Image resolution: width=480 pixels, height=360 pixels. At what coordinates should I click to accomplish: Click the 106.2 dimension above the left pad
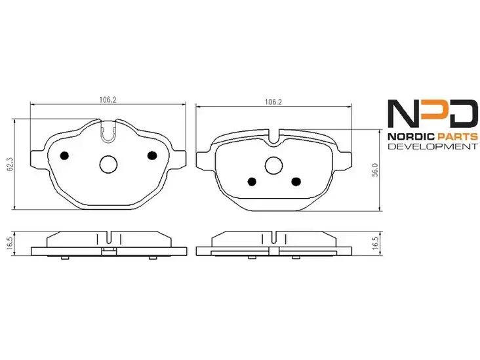pyautogui.click(x=108, y=100)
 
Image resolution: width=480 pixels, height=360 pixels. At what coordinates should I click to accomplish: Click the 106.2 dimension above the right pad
pyautogui.click(x=273, y=102)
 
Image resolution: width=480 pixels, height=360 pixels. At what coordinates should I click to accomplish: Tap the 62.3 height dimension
pyautogui.click(x=10, y=164)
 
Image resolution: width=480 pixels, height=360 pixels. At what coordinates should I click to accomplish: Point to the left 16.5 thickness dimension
pyautogui.click(x=10, y=244)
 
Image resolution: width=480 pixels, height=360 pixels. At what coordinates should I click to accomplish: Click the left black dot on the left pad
pyautogui.click(x=64, y=155)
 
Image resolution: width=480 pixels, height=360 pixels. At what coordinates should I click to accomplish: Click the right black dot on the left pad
pyautogui.click(x=152, y=155)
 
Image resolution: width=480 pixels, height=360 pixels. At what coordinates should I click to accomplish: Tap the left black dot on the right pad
pyautogui.click(x=252, y=182)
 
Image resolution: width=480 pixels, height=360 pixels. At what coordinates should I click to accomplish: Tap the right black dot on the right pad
pyautogui.click(x=296, y=182)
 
